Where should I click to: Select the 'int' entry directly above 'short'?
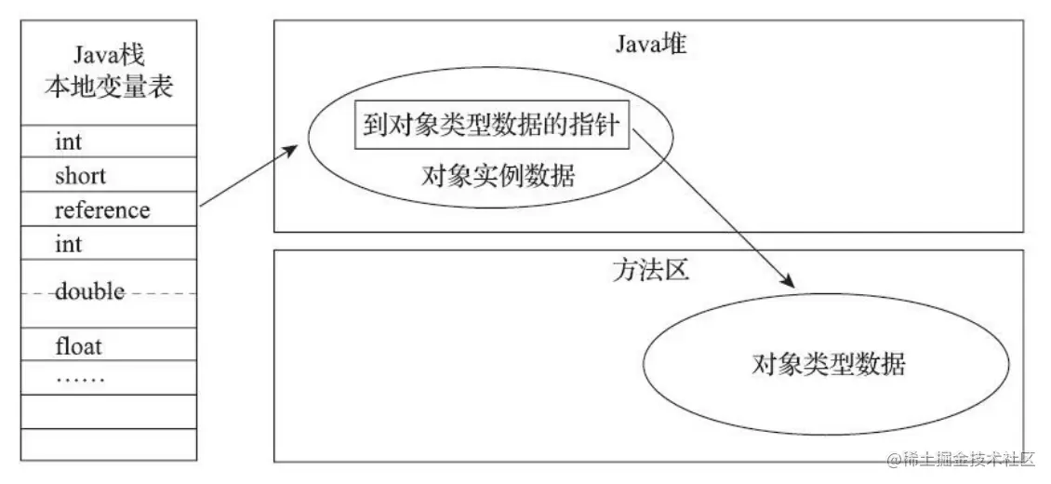click(x=68, y=141)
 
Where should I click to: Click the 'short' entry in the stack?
click(x=80, y=176)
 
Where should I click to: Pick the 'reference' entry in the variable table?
click(x=101, y=210)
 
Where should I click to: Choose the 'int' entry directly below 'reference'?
click(x=68, y=245)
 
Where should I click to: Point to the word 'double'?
click(x=89, y=292)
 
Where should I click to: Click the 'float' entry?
click(x=78, y=347)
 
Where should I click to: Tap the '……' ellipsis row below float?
click(x=80, y=379)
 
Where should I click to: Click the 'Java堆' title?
click(x=649, y=44)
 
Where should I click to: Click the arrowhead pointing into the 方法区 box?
click(x=790, y=282)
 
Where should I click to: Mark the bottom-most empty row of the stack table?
click(x=108, y=445)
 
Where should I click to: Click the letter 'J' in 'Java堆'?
click(x=619, y=45)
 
